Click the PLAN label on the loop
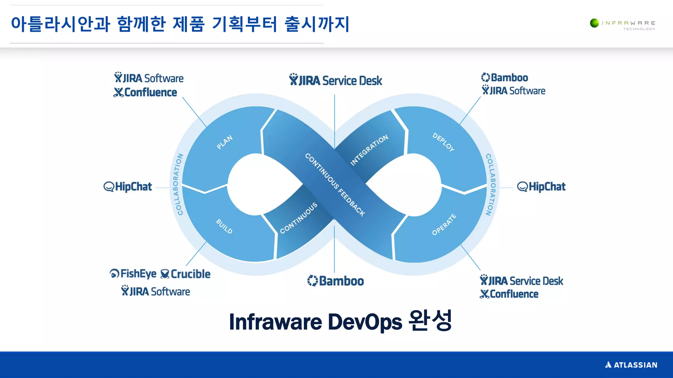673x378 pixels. click(225, 142)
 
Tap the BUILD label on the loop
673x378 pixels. click(224, 226)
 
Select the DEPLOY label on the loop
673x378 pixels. click(443, 142)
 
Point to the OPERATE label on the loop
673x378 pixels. click(444, 224)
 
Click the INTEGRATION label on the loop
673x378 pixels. click(369, 150)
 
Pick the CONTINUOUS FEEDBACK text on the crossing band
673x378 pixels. click(335, 185)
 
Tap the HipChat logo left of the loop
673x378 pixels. click(128, 187)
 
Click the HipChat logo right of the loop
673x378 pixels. click(541, 187)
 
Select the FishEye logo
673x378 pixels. click(133, 273)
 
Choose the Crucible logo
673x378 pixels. click(185, 274)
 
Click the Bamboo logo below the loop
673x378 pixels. click(336, 281)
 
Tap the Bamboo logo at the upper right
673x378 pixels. click(504, 78)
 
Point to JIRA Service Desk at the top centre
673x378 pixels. click(336, 80)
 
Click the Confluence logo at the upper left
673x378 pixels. click(145, 93)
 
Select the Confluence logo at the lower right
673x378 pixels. click(509, 294)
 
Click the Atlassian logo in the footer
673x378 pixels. click(631, 365)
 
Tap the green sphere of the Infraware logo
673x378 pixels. click(594, 23)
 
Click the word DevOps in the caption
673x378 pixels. click(365, 322)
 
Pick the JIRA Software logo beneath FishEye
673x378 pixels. click(155, 291)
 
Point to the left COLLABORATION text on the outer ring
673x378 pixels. click(178, 184)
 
